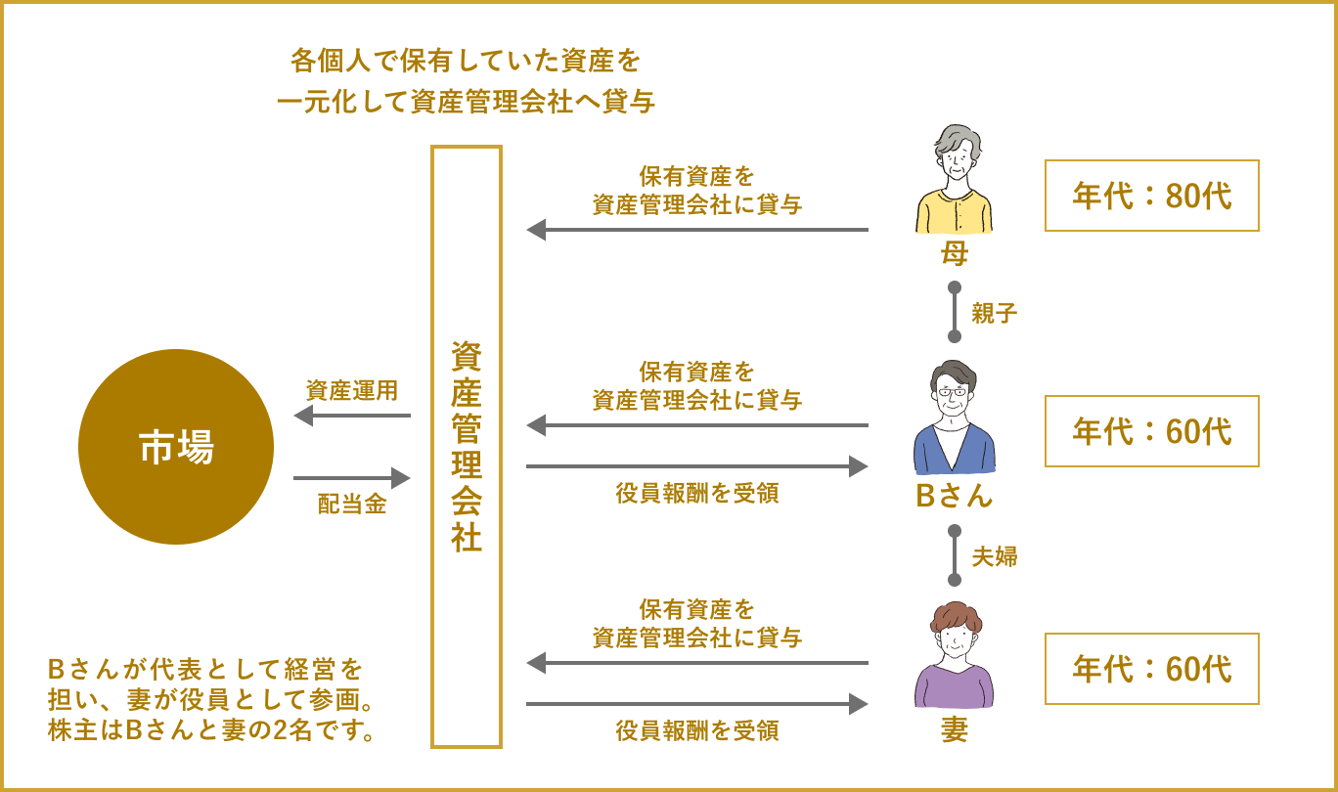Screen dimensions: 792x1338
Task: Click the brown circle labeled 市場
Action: [x=176, y=446]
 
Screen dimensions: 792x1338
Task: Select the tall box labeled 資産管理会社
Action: [x=467, y=447]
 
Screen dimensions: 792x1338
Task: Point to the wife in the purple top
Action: [x=954, y=655]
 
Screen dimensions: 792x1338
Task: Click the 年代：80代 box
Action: [x=1151, y=196]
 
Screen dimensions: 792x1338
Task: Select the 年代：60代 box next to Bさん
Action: [x=1151, y=431]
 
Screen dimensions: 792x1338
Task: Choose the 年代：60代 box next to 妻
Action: [x=1151, y=669]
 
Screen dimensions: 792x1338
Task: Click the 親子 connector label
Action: [x=995, y=313]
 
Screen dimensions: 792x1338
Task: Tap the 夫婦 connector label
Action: [x=995, y=556]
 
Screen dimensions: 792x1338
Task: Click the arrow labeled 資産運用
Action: [x=352, y=416]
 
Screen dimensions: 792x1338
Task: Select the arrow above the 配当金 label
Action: [x=352, y=478]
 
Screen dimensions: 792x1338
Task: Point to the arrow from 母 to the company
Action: [x=697, y=230]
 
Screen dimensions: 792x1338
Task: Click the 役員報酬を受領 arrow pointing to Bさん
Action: [x=697, y=466]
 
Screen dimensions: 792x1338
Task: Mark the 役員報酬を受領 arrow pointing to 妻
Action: [x=697, y=704]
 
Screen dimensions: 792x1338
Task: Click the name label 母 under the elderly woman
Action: [x=954, y=254]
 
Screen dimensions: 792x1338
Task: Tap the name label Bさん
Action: [x=954, y=496]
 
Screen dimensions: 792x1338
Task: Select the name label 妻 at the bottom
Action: [x=954, y=730]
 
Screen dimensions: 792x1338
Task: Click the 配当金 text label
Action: [x=352, y=505]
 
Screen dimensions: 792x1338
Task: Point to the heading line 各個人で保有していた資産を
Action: [x=466, y=62]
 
